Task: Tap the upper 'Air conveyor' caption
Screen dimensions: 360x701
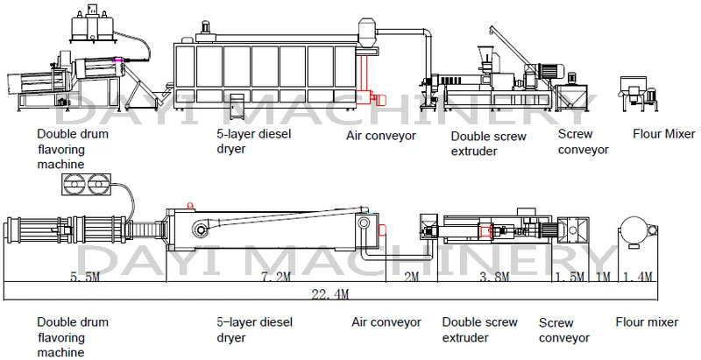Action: [x=381, y=136]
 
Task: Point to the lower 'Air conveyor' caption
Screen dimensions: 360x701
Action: [x=386, y=322]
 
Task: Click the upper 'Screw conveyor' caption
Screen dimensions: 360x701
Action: [x=583, y=142]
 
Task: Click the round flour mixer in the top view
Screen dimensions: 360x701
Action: [x=634, y=230]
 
